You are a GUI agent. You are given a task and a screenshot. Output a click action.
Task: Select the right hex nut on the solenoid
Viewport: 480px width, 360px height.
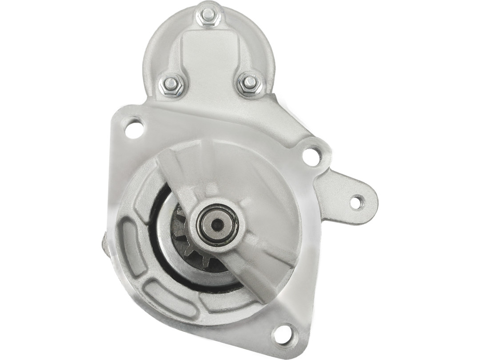click(x=250, y=83)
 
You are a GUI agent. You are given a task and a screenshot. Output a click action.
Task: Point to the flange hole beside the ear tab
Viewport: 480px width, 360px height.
click(x=312, y=156)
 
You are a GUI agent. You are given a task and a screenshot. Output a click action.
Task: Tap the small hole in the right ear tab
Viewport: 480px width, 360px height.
click(x=356, y=202)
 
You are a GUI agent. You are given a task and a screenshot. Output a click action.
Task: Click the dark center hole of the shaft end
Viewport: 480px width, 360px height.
click(x=217, y=225)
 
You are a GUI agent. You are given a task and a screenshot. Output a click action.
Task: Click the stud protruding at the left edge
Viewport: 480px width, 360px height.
click(x=105, y=244)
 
